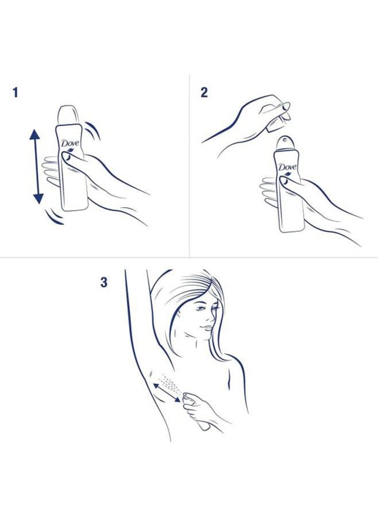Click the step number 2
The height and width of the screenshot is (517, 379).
(204, 92)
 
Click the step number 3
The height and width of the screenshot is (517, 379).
(104, 283)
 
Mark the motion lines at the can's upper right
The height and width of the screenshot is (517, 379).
(94, 132)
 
